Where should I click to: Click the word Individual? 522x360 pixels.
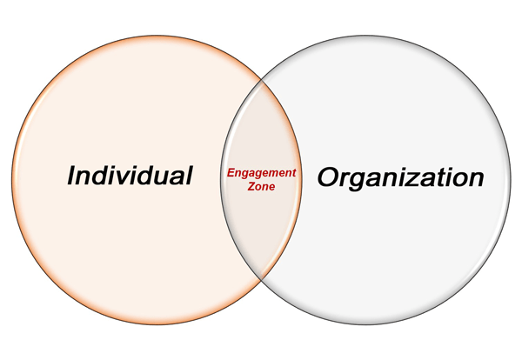pyautogui.click(x=130, y=177)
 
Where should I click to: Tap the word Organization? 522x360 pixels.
pyautogui.click(x=399, y=178)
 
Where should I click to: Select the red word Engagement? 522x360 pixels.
pyautogui.click(x=261, y=173)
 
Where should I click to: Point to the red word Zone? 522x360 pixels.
pyautogui.click(x=262, y=187)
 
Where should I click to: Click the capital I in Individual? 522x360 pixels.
pyautogui.click(x=73, y=177)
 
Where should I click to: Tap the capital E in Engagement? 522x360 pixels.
pyautogui.click(x=231, y=173)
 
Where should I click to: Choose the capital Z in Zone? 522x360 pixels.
pyautogui.click(x=251, y=187)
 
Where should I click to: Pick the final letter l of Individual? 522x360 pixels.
pyautogui.click(x=188, y=176)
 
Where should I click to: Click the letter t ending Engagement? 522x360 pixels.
pyautogui.click(x=293, y=173)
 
